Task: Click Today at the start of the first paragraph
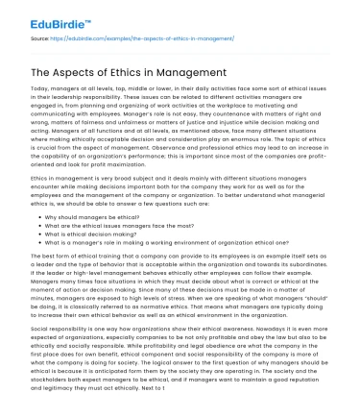[x=40, y=88]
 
